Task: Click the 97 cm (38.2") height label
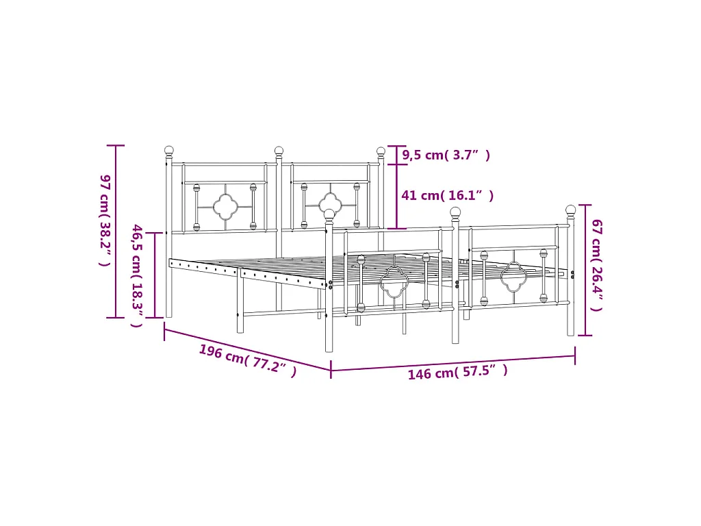pos(105,221)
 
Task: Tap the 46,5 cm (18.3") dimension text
pos(137,275)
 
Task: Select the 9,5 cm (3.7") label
pos(446,155)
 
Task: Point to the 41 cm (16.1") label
pos(447,195)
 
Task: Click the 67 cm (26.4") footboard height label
pos(597,265)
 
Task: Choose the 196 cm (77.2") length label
pos(248,360)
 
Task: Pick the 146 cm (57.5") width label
pos(457,372)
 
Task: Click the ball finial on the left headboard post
pos(169,151)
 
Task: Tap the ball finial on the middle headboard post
pos(279,151)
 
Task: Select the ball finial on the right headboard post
pos(381,152)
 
